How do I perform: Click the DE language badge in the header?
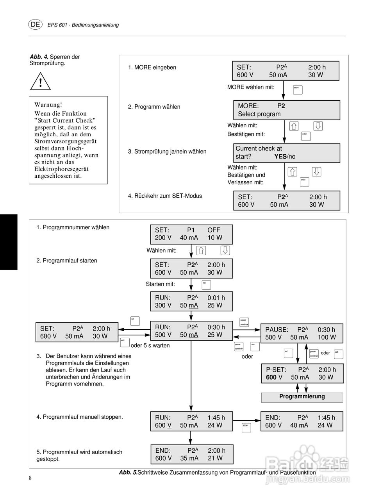[35, 24]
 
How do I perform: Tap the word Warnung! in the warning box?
[48, 105]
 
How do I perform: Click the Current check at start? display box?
[286, 153]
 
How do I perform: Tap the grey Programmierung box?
[302, 397]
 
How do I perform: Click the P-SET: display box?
[302, 373]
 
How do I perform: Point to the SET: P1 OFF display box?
[191, 234]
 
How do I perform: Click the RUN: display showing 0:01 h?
[191, 302]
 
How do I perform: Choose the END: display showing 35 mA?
[192, 454]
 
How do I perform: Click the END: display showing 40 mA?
[302, 421]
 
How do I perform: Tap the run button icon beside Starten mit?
[206, 284]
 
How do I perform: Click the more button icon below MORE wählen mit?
[298, 89]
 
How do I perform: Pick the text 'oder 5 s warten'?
[150, 345]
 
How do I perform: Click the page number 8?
[30, 478]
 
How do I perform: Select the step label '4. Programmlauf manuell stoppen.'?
[80, 417]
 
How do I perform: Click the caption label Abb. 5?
[128, 473]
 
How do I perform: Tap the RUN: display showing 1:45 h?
[191, 421]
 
